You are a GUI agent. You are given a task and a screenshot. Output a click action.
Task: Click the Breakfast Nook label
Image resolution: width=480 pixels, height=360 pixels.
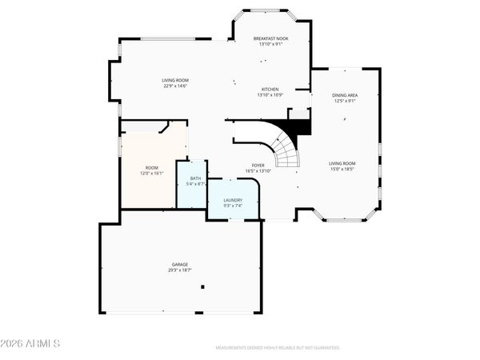[x=270, y=38]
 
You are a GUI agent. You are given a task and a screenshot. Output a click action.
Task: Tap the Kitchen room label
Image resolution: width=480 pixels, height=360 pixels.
[x=270, y=90]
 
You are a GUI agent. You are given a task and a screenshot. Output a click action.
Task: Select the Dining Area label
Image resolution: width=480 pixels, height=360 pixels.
[x=345, y=95]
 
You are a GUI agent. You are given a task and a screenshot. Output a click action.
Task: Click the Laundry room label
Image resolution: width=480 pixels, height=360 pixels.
[x=233, y=201]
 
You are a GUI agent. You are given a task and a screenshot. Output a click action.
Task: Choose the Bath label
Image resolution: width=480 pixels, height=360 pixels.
[x=195, y=178]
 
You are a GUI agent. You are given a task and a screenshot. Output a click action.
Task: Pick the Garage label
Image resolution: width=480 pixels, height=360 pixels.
[x=179, y=264]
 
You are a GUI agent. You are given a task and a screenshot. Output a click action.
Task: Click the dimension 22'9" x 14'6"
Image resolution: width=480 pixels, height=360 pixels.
[x=174, y=86]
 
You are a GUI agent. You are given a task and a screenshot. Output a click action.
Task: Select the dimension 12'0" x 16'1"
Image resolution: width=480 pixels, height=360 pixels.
[x=151, y=173]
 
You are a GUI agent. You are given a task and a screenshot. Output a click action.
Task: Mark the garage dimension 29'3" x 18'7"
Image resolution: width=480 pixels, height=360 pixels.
[x=179, y=270]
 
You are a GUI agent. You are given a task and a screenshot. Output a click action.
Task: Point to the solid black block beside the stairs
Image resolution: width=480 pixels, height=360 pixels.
[x=298, y=126]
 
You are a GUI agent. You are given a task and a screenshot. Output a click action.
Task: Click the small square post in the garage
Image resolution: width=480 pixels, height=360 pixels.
[x=202, y=286]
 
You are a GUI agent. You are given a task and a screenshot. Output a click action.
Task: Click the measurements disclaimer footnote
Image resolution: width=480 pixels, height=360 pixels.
[x=278, y=348]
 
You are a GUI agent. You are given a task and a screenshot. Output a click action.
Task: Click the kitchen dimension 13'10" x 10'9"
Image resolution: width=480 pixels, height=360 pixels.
[x=270, y=95]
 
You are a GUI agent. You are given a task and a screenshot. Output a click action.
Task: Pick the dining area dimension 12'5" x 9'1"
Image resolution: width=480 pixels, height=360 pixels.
[x=345, y=101]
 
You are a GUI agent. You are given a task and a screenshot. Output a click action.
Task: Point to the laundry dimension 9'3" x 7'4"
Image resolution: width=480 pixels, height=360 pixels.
[x=233, y=206]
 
